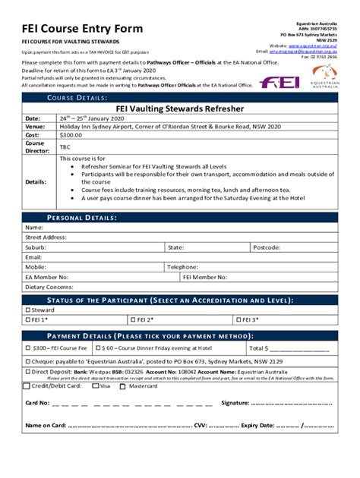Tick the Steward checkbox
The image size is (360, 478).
coord(28,310)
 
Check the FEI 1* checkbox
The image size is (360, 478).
coord(28,320)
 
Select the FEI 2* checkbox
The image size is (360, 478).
coord(132,320)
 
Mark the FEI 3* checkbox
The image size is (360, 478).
coord(238,320)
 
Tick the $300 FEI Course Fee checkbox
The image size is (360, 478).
coord(28,347)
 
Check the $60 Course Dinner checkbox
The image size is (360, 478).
coord(99,347)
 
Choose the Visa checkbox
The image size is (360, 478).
coord(95,385)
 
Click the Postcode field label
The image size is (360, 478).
coord(267,247)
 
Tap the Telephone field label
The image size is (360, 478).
coord(183,267)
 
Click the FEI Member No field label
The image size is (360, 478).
coord(201,277)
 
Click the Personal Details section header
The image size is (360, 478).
coord(82,218)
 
